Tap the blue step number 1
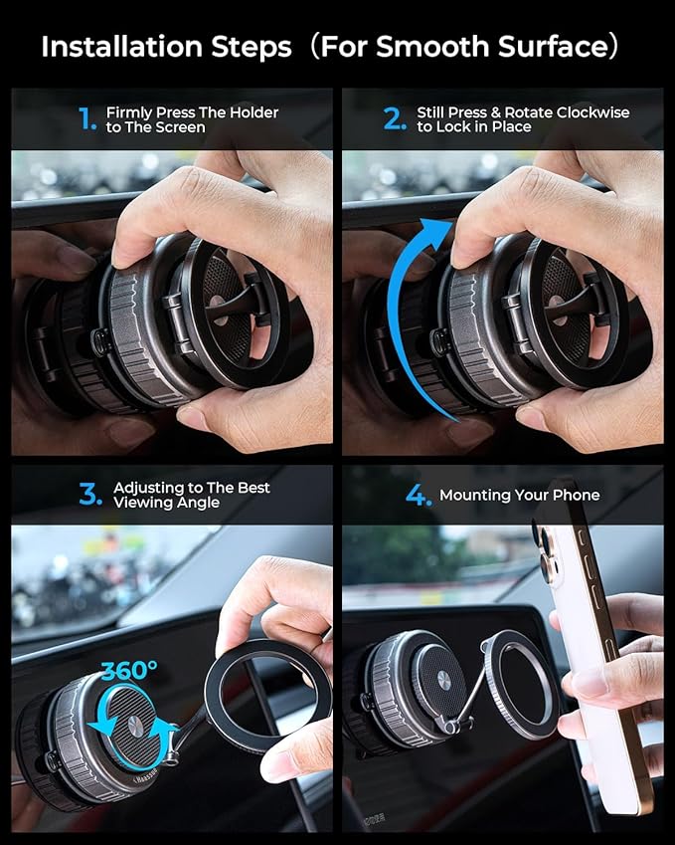[87, 119]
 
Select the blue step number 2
[396, 119]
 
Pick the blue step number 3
[90, 495]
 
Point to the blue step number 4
[419, 495]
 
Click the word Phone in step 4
[577, 495]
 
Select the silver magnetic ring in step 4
[522, 684]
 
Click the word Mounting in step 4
[475, 495]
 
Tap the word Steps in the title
[260, 47]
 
